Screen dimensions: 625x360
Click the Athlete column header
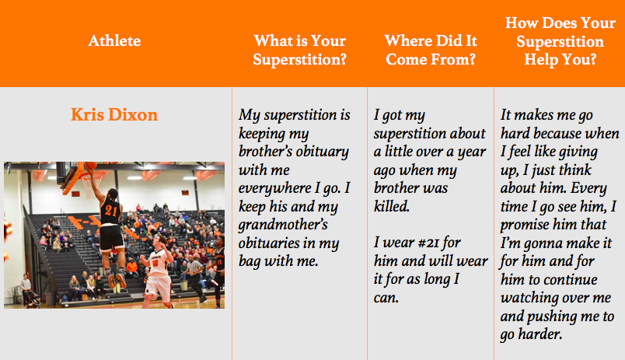[x=114, y=40]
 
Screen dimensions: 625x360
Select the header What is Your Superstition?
[x=299, y=50]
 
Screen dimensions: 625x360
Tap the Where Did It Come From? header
[x=431, y=50]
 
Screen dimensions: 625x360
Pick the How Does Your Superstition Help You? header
[x=560, y=41]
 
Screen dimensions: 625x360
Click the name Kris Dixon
[x=114, y=115]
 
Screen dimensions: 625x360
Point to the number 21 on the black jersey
[x=110, y=210]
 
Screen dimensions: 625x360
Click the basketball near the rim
[x=91, y=165]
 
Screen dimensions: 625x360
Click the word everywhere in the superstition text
[x=274, y=188]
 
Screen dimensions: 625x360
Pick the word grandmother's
[x=283, y=225]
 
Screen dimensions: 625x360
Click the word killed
[x=392, y=206]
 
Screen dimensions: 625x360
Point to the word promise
[x=524, y=225]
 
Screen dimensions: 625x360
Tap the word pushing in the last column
[x=552, y=317]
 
